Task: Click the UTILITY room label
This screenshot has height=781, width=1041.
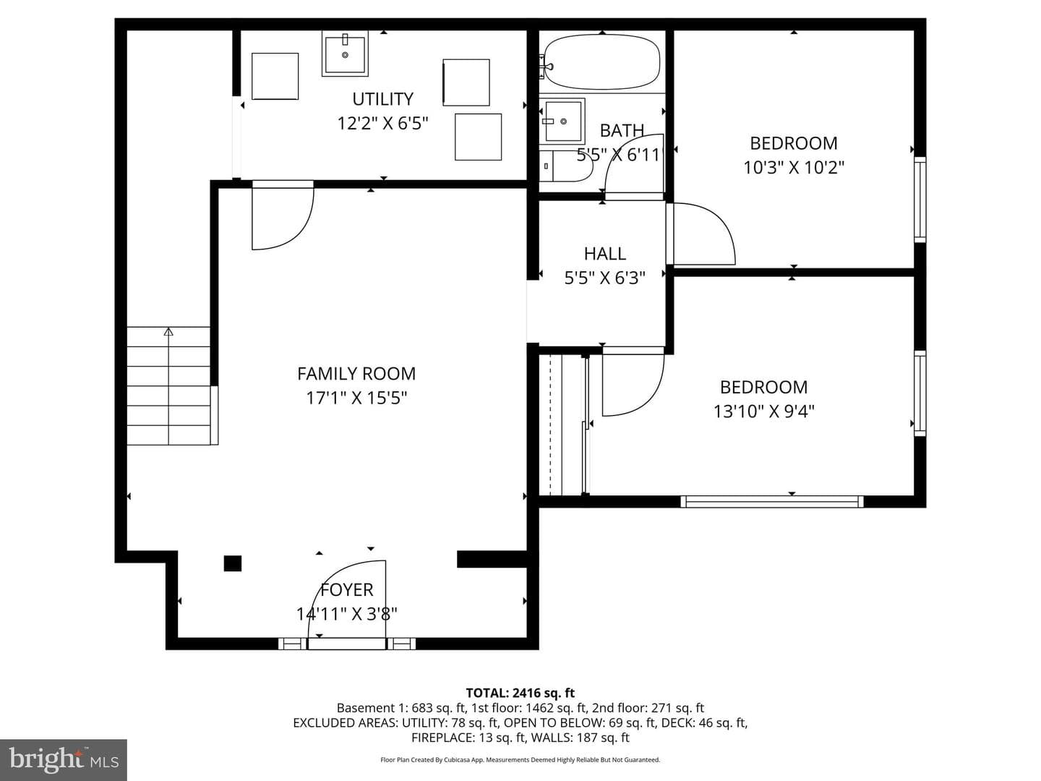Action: click(x=382, y=99)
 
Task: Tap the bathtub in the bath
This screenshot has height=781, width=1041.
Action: click(x=601, y=62)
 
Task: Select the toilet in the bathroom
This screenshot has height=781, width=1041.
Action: click(x=566, y=166)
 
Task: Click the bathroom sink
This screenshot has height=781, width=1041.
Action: click(x=562, y=121)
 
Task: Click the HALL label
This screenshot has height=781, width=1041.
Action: click(x=604, y=254)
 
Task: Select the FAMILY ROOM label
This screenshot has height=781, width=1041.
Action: click(x=356, y=374)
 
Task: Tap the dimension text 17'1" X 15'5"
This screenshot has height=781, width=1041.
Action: click(x=356, y=398)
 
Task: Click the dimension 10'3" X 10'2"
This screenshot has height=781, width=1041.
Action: click(x=794, y=167)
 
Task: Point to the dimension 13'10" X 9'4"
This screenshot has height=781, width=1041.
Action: click(x=763, y=411)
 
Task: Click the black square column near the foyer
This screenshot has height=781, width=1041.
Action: click(x=232, y=563)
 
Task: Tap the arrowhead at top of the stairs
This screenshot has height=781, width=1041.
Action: click(x=168, y=331)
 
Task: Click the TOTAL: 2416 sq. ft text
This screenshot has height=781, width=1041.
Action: click(x=520, y=693)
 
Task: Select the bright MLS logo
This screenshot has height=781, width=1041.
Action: click(x=64, y=759)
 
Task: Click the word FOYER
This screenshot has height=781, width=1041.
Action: click(x=347, y=590)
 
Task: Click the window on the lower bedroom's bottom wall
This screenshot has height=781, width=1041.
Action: click(x=771, y=502)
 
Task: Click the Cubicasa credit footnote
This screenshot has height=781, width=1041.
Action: click(x=520, y=759)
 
